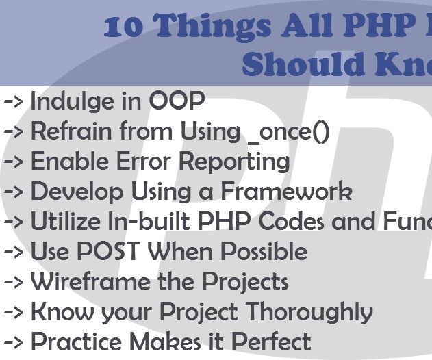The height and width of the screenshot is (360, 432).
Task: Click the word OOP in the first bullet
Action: point(177,101)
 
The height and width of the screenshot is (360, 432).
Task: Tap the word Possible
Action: point(254,252)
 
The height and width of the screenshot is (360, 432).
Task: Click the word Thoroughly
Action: point(309,313)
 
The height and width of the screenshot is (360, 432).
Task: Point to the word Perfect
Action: point(269,342)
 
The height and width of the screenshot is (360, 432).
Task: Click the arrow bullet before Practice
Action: point(14,342)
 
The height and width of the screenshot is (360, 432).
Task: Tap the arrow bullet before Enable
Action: point(14,162)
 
